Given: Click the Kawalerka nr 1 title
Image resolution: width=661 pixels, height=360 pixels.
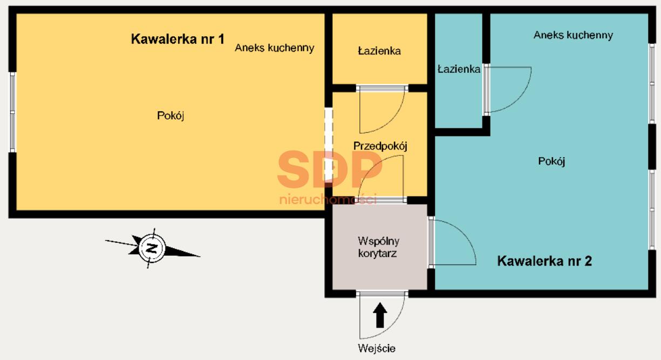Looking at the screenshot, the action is tap(178, 39).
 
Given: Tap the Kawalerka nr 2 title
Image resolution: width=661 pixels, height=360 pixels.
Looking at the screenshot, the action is tap(544, 261).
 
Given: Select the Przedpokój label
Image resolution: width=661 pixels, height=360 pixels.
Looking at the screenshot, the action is tap(380, 146).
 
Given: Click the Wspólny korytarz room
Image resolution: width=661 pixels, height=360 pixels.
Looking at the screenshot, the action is tap(379, 247).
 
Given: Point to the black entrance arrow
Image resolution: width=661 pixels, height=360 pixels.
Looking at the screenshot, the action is tap(380, 315).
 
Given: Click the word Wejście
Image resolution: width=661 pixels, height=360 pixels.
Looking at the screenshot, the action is tap(377, 349).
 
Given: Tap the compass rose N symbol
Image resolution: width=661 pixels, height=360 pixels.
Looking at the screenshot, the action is tap(152, 248).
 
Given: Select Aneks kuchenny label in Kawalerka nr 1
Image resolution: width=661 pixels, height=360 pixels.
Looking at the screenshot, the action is tap(275, 48).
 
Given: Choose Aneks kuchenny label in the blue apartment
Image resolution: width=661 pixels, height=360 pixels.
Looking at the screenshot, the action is tap(573, 35).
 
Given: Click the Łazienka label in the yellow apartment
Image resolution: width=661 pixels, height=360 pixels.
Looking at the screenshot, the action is tap(379, 51).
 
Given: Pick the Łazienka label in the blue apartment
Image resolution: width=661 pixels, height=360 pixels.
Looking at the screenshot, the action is tap(459, 69).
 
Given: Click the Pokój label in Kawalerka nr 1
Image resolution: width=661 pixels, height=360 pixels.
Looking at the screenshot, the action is tap(171, 116).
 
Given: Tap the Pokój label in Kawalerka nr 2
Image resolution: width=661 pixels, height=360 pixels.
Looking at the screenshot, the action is tap(551, 161).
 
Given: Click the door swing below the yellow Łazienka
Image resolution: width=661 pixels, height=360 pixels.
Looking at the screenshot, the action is tap(392, 121).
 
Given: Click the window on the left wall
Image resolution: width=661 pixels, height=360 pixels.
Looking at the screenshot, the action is tap(12, 112).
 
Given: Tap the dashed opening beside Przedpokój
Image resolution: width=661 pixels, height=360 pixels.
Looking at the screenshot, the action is tap(329, 145).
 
